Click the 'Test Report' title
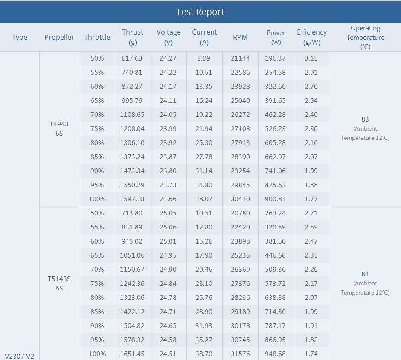[x=200, y=12]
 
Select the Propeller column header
[x=59, y=37]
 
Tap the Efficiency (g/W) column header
[x=311, y=37]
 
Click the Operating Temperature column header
[x=365, y=37]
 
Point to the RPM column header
[x=240, y=37]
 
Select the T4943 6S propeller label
[x=59, y=128]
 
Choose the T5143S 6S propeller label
[x=59, y=283]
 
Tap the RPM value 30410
[x=240, y=199]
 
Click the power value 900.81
[x=276, y=199]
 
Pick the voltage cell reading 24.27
[x=168, y=58]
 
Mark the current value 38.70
[x=204, y=354]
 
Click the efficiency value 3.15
[x=311, y=58]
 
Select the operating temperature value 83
[x=365, y=119]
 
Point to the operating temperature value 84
[x=365, y=274]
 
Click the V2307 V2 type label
[x=19, y=356]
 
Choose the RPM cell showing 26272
[x=240, y=115]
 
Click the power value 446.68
[x=276, y=255]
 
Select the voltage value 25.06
[x=168, y=227]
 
